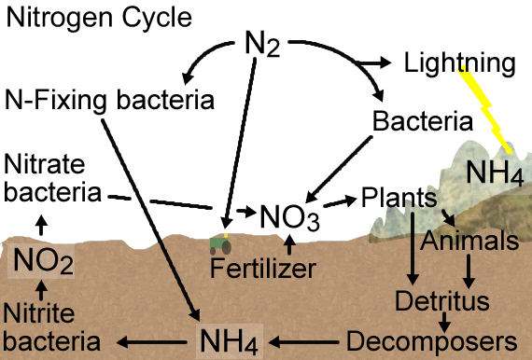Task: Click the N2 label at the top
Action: [262, 44]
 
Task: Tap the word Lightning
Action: [460, 63]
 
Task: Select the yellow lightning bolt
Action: [485, 110]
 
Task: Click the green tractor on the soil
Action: [220, 244]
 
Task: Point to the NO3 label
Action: [289, 217]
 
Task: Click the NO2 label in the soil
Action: [43, 261]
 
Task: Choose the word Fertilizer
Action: [263, 269]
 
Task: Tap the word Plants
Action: [399, 198]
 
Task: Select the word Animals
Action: [469, 241]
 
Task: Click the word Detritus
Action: [442, 300]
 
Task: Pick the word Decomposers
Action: [431, 341]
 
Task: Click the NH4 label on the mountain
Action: [495, 173]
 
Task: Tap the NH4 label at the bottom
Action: [229, 341]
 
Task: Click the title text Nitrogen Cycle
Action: [99, 18]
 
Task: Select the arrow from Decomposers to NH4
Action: [303, 342]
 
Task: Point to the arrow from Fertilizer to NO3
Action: [289, 244]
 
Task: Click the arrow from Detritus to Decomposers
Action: [444, 322]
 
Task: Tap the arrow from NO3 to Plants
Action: [341, 201]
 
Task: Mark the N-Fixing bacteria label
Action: [109, 100]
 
